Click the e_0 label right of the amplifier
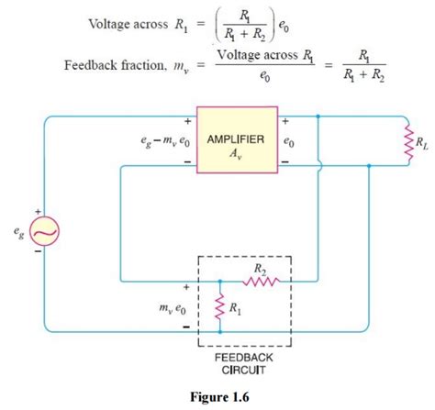[290, 144]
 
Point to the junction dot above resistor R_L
[318, 117]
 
